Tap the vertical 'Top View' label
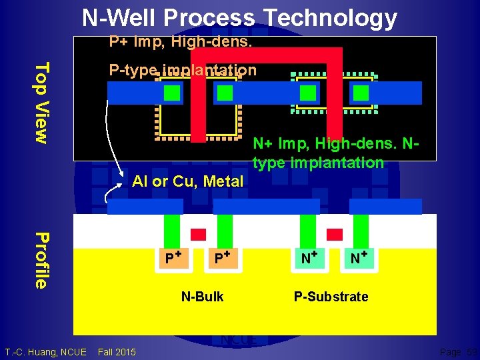(x=41, y=102)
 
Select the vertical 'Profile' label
(x=41, y=260)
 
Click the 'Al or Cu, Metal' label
(x=188, y=181)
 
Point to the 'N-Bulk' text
(x=203, y=297)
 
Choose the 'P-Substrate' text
(x=331, y=297)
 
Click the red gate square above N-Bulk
(x=199, y=234)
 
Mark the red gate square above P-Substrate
(x=335, y=234)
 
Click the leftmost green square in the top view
(x=172, y=93)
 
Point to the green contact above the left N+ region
(x=307, y=231)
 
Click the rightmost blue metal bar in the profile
(x=385, y=207)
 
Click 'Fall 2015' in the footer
(x=117, y=351)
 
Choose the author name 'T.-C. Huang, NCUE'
(x=45, y=351)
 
